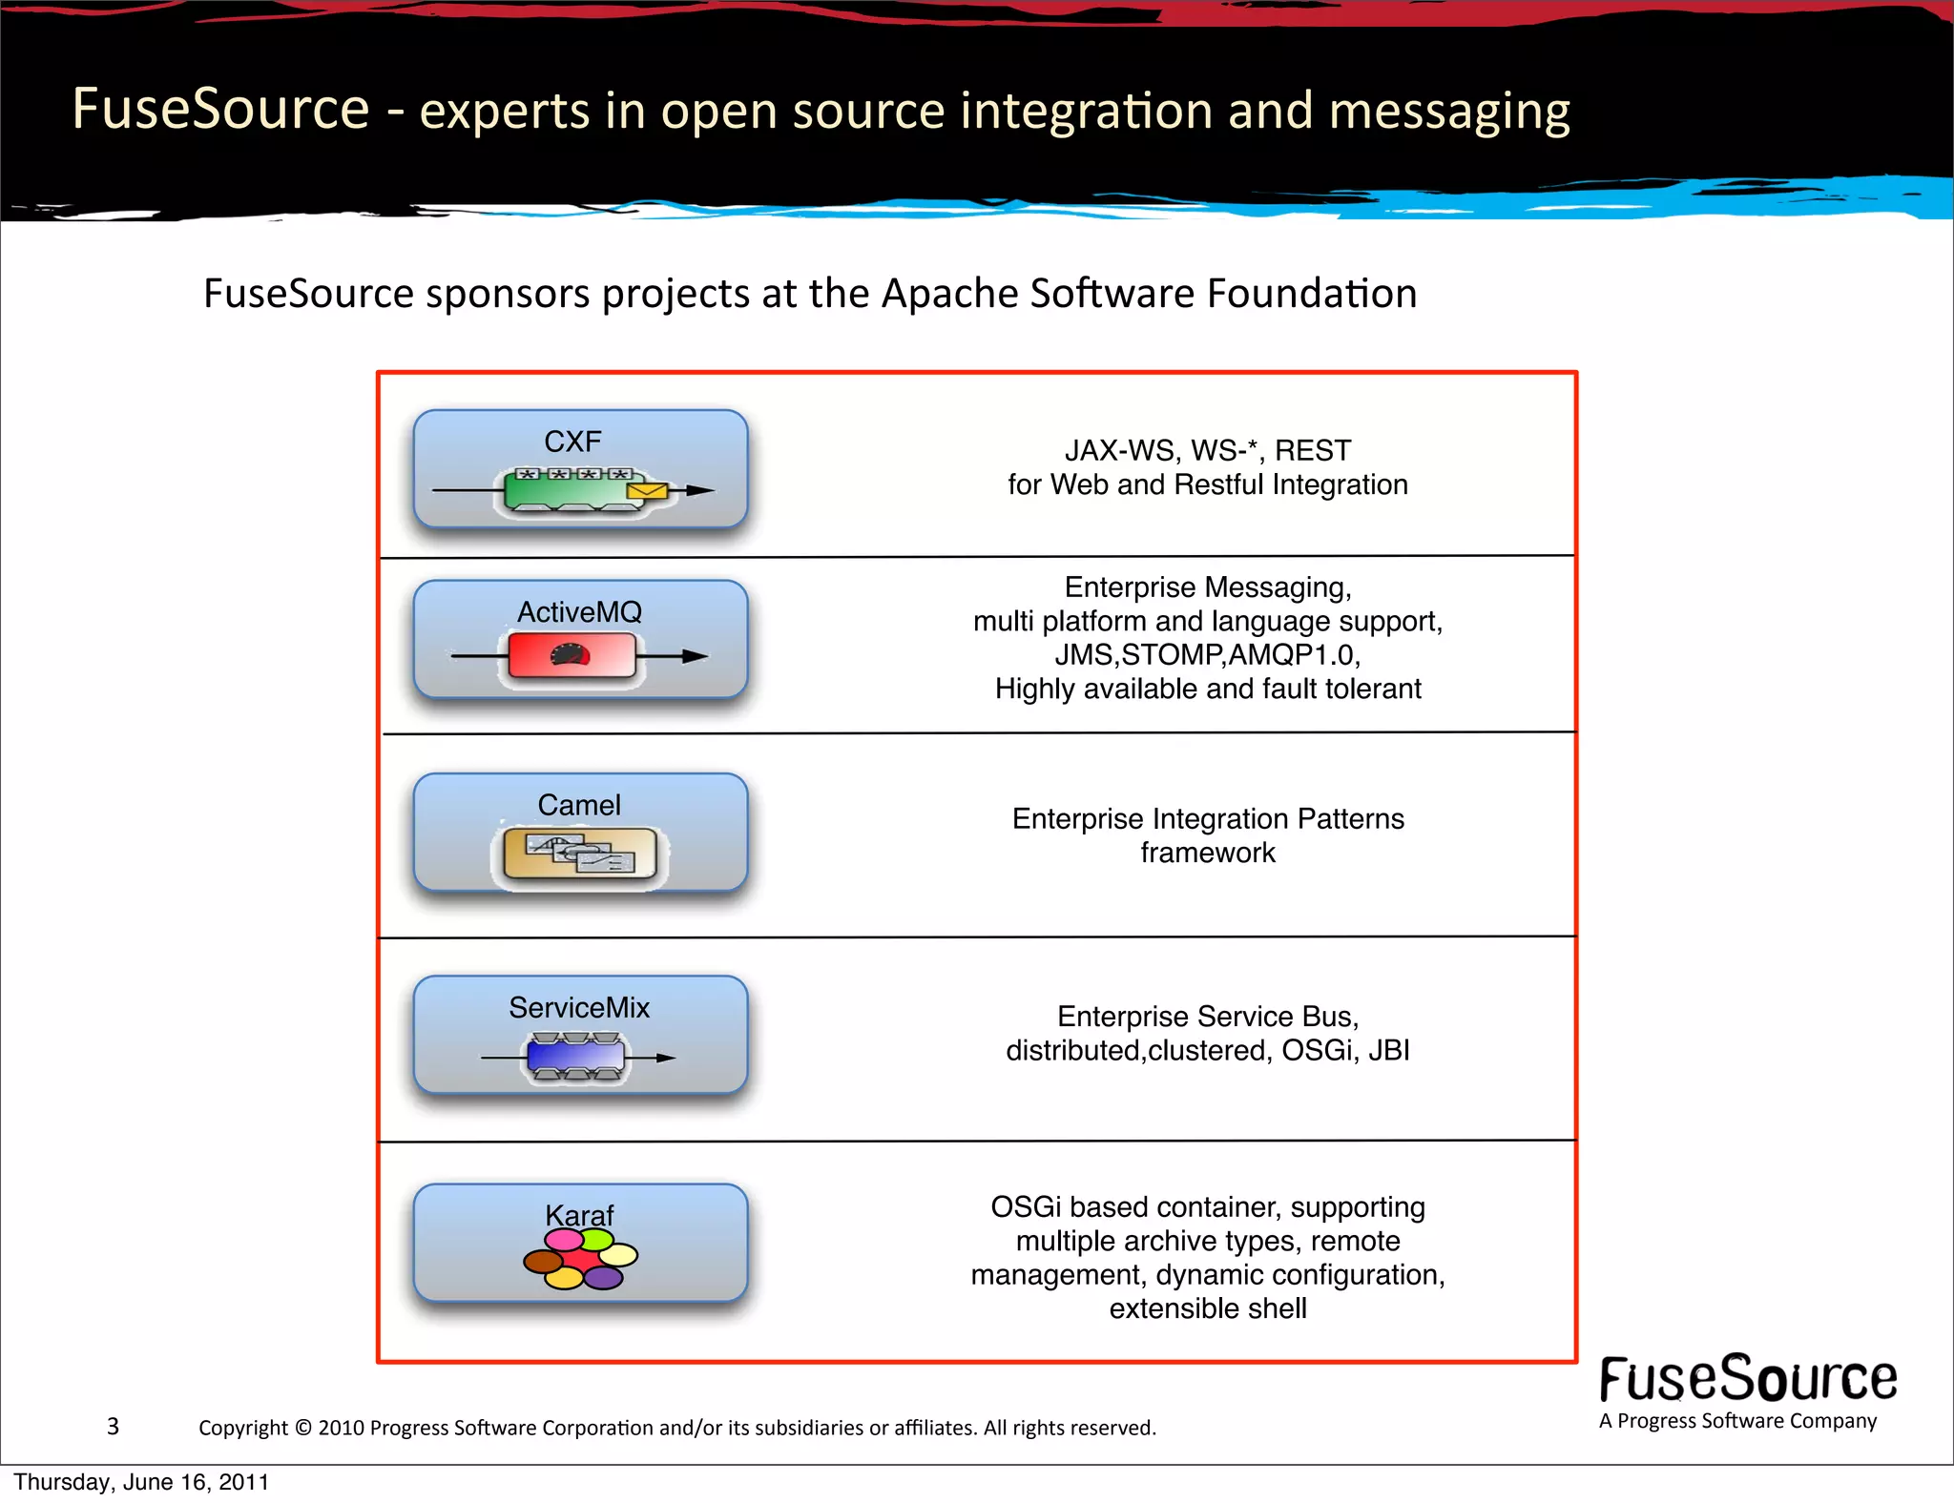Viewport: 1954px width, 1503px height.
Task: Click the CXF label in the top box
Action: [x=572, y=442]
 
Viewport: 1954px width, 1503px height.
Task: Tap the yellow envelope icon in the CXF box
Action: [x=647, y=490]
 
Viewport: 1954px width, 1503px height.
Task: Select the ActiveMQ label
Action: [x=579, y=612]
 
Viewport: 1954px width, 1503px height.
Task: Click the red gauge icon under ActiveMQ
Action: [x=571, y=656]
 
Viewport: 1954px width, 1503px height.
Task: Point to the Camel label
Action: [x=579, y=805]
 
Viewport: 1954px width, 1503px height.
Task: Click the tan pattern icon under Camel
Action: [x=580, y=853]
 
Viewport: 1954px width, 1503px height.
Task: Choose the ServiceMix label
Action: [x=579, y=1008]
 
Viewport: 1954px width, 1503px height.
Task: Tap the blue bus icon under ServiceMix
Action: [x=576, y=1057]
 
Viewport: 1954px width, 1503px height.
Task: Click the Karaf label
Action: [x=579, y=1215]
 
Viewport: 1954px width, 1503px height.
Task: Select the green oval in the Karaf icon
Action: [x=597, y=1239]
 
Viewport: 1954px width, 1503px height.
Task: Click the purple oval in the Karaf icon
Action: [x=603, y=1278]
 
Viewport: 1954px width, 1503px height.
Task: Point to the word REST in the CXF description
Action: [x=1313, y=450]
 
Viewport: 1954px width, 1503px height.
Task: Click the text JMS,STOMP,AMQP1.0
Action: [x=1207, y=655]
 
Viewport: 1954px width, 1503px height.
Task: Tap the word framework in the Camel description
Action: [x=1207, y=853]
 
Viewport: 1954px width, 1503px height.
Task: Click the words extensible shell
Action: [x=1207, y=1308]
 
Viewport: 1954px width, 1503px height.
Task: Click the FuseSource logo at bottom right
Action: [x=1747, y=1379]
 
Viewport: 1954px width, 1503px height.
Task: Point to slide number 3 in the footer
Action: [x=113, y=1426]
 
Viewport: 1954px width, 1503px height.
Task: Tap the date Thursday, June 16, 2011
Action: [x=141, y=1482]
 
